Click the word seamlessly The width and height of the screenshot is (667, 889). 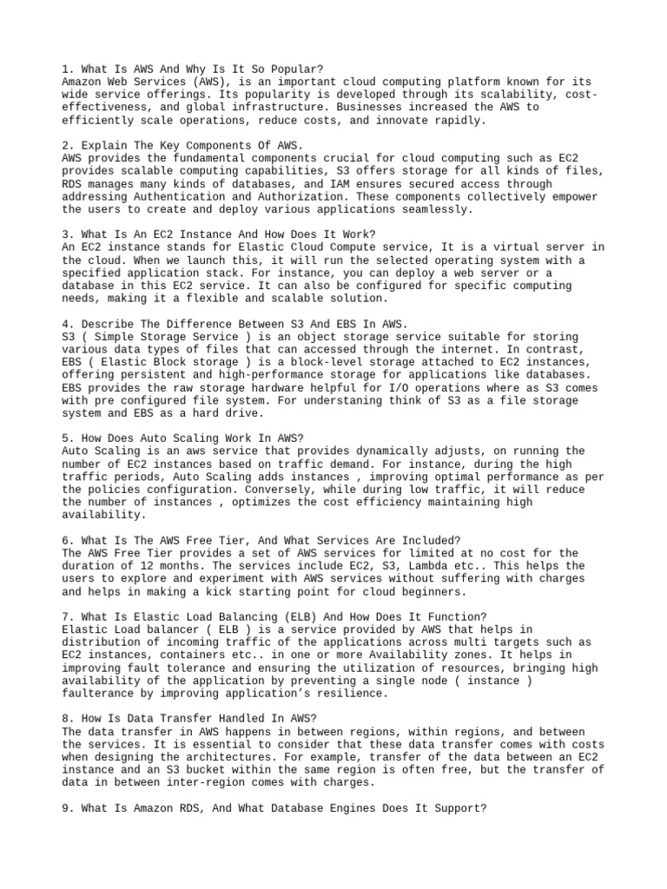(x=436, y=209)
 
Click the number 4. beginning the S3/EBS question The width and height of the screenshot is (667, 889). (x=69, y=324)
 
